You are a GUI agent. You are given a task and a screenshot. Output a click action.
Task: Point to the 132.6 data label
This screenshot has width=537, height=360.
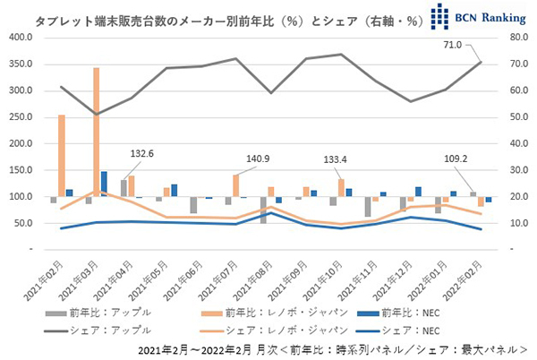pos(141,154)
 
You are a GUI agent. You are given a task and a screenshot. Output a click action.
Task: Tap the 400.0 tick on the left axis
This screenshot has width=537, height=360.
pos(20,38)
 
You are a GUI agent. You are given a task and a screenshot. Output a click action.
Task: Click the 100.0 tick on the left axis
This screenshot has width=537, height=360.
pos(20,197)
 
